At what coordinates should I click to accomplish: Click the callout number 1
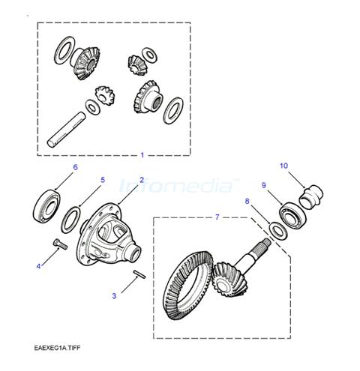tap(142, 155)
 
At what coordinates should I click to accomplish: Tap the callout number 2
tap(142, 180)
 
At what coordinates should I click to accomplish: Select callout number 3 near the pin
tap(114, 296)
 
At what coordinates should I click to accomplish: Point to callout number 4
tap(38, 267)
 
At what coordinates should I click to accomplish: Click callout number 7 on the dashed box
tap(217, 217)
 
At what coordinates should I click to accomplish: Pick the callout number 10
tap(283, 166)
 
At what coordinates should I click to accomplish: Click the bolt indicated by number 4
tap(60, 244)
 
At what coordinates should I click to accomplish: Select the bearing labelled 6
tap(46, 206)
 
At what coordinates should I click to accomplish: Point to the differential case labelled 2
tap(108, 235)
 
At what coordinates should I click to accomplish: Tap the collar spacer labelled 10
tap(311, 196)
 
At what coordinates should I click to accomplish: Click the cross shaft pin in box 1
tap(66, 130)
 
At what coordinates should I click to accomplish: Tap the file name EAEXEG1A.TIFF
tap(58, 348)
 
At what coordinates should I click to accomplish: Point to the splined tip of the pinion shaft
tap(265, 242)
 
